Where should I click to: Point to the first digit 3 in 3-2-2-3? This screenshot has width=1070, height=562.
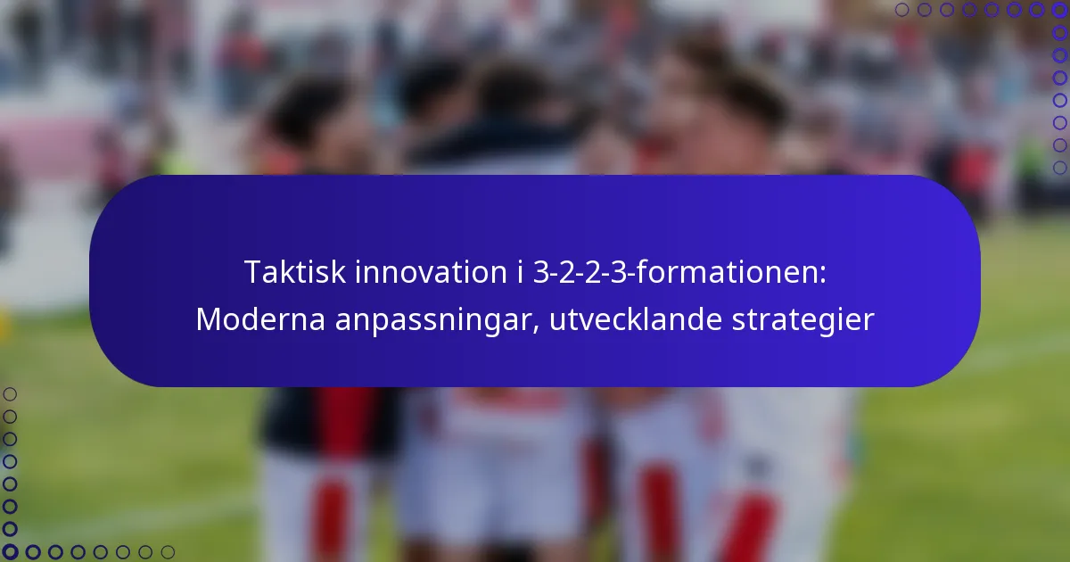(539, 273)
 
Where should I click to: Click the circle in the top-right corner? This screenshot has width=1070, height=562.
(1059, 10)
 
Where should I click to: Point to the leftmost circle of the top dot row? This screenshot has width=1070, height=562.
(902, 10)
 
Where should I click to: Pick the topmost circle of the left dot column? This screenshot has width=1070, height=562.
(10, 393)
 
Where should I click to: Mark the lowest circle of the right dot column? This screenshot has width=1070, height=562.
(1059, 168)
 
